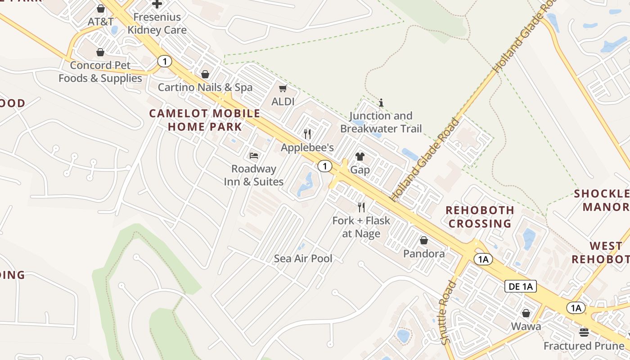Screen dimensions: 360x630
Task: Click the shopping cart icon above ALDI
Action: click(283, 89)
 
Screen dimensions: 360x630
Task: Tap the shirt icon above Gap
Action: click(360, 157)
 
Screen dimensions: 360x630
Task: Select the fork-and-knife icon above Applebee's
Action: click(307, 134)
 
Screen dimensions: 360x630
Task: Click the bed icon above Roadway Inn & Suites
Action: click(254, 156)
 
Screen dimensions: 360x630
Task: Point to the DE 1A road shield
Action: click(521, 286)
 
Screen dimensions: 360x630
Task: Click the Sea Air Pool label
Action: click(303, 258)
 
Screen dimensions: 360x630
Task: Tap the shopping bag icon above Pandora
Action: click(423, 240)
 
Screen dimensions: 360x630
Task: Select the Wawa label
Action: click(526, 326)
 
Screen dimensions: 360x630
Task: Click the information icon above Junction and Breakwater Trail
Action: click(381, 103)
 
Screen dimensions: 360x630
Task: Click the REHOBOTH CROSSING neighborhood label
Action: click(480, 216)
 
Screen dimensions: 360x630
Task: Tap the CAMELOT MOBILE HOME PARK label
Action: click(205, 120)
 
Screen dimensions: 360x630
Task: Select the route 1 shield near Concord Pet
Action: click(165, 61)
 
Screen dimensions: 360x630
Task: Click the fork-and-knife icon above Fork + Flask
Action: click(361, 207)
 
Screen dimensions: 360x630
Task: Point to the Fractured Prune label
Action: click(584, 346)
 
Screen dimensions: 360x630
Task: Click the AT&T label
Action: click(100, 22)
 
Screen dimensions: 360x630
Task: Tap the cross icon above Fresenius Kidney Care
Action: click(157, 4)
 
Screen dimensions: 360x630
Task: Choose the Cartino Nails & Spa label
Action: click(205, 87)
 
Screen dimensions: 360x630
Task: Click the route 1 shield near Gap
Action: click(324, 166)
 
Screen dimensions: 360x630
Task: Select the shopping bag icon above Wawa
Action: click(526, 313)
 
